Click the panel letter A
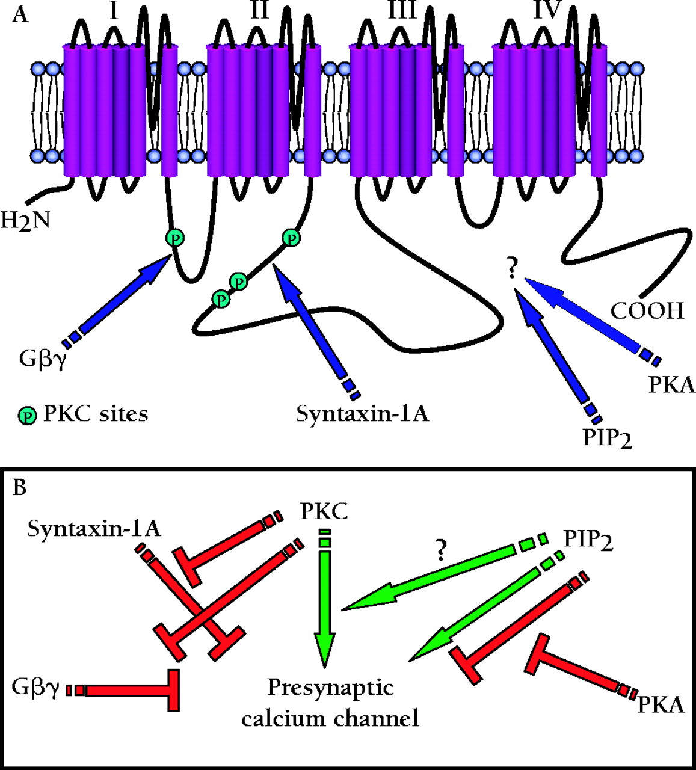(x=20, y=14)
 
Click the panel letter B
(x=20, y=487)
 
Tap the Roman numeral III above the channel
(x=402, y=11)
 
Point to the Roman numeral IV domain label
(x=546, y=10)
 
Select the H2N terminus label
(x=25, y=221)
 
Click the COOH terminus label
(x=647, y=311)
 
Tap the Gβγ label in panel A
(x=42, y=359)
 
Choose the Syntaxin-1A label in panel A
(x=362, y=414)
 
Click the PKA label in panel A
(x=671, y=384)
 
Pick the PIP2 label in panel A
(x=608, y=437)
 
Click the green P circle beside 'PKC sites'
(x=27, y=415)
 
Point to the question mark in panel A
(x=512, y=269)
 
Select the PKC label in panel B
(x=324, y=512)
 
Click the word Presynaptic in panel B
(x=330, y=688)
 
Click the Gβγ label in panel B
(x=35, y=688)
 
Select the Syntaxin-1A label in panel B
(x=94, y=529)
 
